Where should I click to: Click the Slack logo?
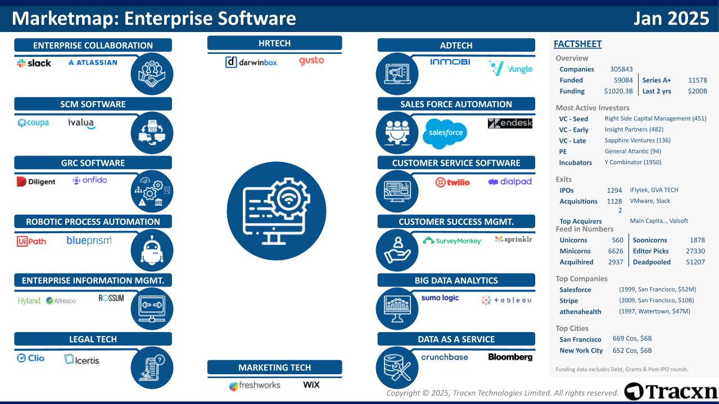[x=34, y=63]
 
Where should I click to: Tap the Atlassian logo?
[x=92, y=62]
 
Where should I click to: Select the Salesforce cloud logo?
[x=445, y=133]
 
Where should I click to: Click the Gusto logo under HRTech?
[x=311, y=61]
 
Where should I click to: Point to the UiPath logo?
[x=31, y=241]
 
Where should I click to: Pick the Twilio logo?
[x=452, y=182]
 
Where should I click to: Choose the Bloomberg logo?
[x=510, y=357]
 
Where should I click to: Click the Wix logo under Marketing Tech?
[x=311, y=385]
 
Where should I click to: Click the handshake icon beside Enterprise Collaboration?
[x=152, y=74]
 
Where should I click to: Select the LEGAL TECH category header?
[x=93, y=339]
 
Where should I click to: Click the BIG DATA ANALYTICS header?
[x=456, y=280]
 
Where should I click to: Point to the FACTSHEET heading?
[x=577, y=44]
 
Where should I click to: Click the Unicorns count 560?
[x=617, y=240]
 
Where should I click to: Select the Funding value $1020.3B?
[x=618, y=91]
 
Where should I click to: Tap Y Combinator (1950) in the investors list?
[x=633, y=162]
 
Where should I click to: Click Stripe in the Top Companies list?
[x=568, y=301]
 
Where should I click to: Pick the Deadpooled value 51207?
[x=695, y=262]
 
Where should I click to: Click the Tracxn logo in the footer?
[x=671, y=391]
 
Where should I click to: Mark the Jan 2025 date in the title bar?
[x=671, y=19]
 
